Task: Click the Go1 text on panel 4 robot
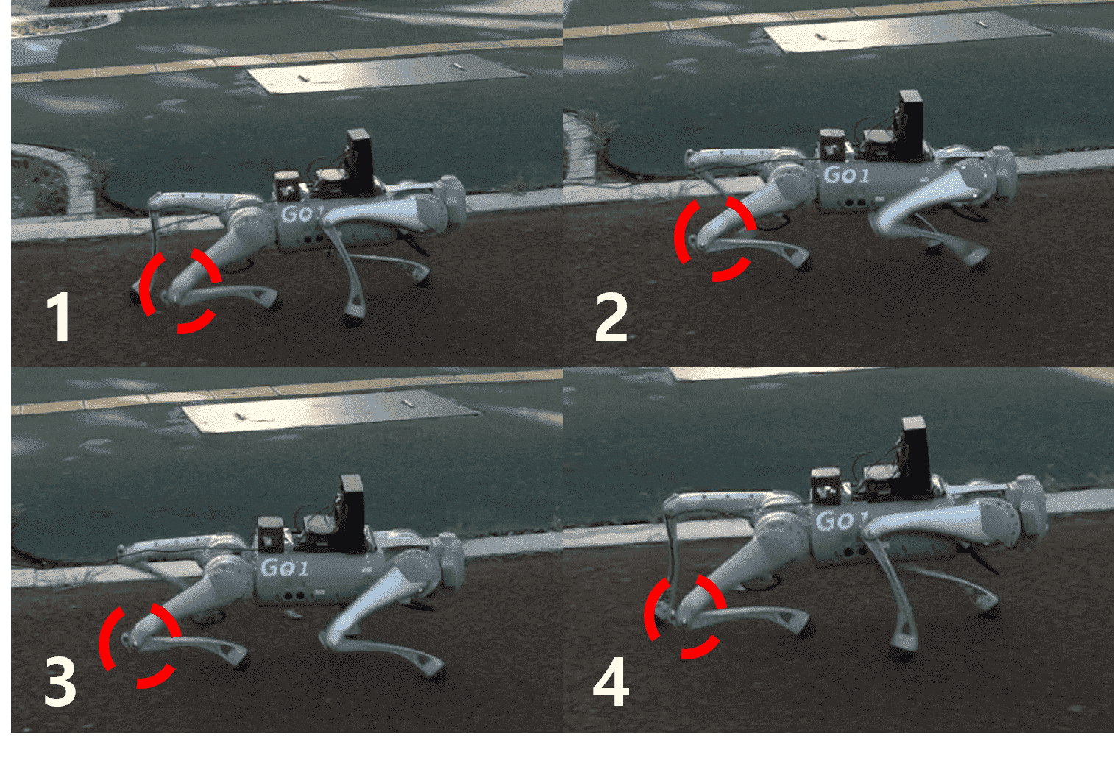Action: click(x=840, y=521)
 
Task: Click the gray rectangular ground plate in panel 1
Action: click(x=387, y=74)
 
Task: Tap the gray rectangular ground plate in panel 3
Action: click(x=330, y=411)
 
